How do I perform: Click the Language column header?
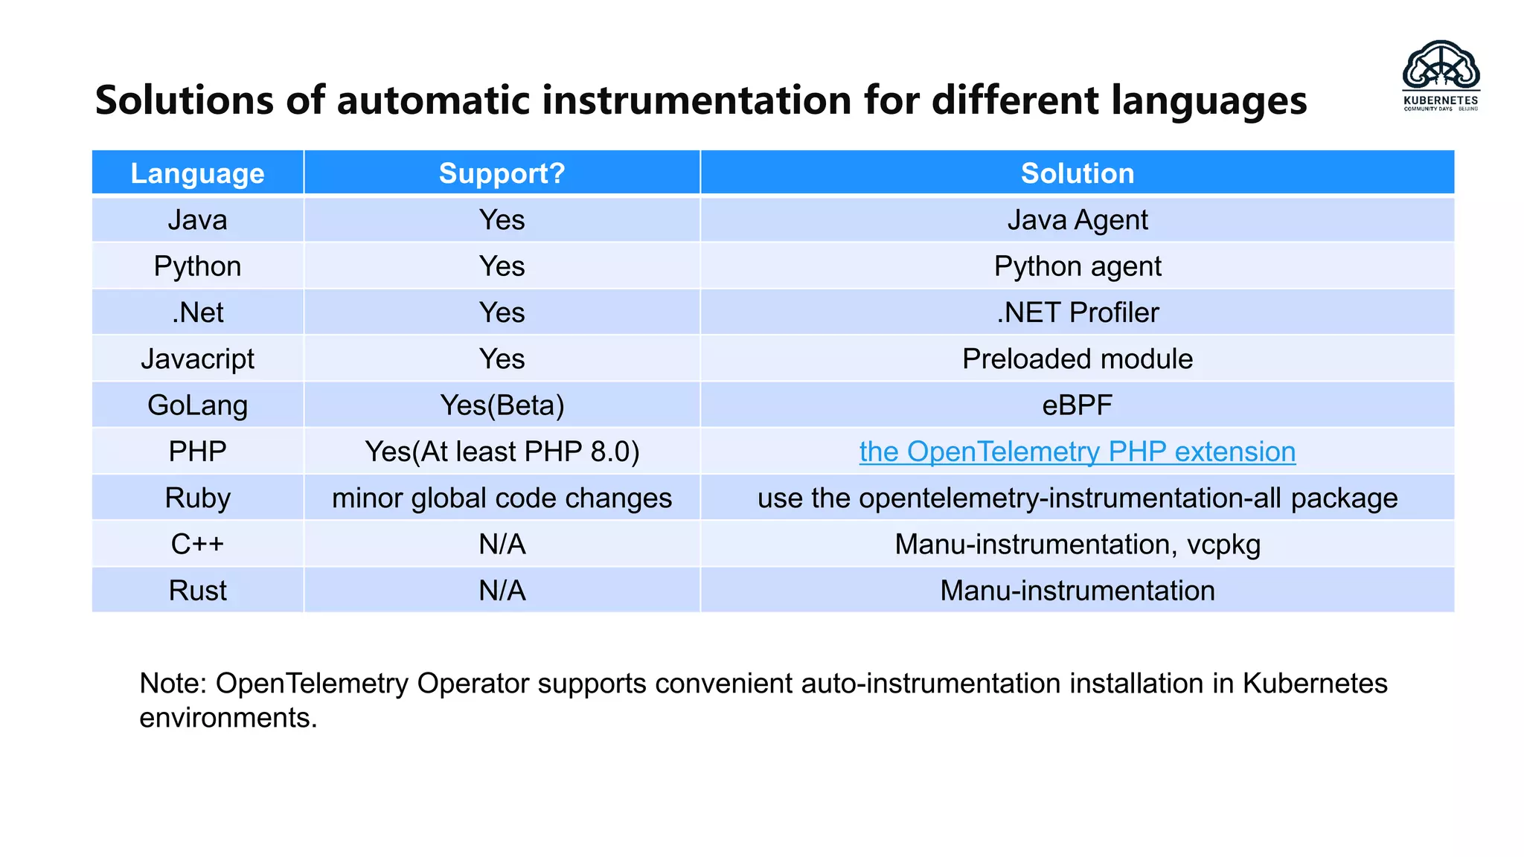(197, 173)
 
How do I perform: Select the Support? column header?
(502, 173)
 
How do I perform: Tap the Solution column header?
(1077, 173)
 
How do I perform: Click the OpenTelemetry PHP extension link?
(1077, 452)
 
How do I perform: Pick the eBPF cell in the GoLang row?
(1077, 405)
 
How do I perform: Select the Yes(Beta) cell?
(502, 405)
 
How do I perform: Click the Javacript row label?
(197, 359)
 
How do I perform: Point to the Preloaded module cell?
(1077, 359)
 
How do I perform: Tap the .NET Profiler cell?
(1077, 312)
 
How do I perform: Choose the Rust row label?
(197, 591)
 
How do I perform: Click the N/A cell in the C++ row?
(502, 545)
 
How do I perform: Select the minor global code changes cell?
(502, 498)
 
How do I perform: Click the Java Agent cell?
(1077, 220)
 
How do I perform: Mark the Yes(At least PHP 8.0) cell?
(502, 452)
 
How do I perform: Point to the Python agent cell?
(1077, 266)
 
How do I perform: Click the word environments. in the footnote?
(228, 718)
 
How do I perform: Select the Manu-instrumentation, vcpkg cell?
(1077, 545)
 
